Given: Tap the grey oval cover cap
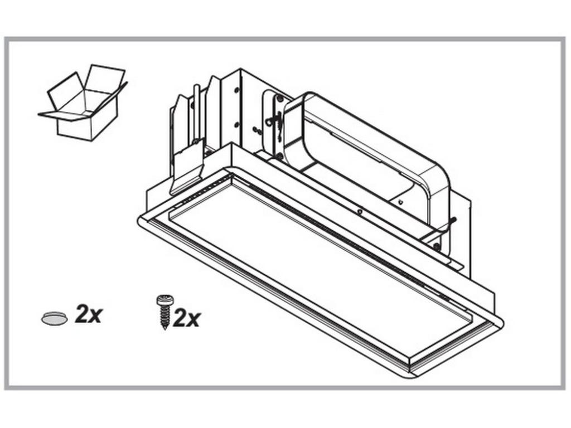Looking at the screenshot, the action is [x=54, y=318].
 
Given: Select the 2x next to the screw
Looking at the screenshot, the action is [x=186, y=318].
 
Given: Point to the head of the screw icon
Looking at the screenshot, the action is [x=165, y=300].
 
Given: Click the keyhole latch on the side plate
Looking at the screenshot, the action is [x=272, y=120].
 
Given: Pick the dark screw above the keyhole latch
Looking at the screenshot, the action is [x=280, y=98].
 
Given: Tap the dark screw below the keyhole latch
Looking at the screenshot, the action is [x=279, y=157].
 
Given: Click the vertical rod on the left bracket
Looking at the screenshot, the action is [x=197, y=113].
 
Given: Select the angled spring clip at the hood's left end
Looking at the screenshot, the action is [x=186, y=167].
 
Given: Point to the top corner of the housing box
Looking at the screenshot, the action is [x=240, y=69].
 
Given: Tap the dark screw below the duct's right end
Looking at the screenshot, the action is [x=437, y=246].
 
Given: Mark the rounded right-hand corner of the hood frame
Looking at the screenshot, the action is [x=499, y=320].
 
